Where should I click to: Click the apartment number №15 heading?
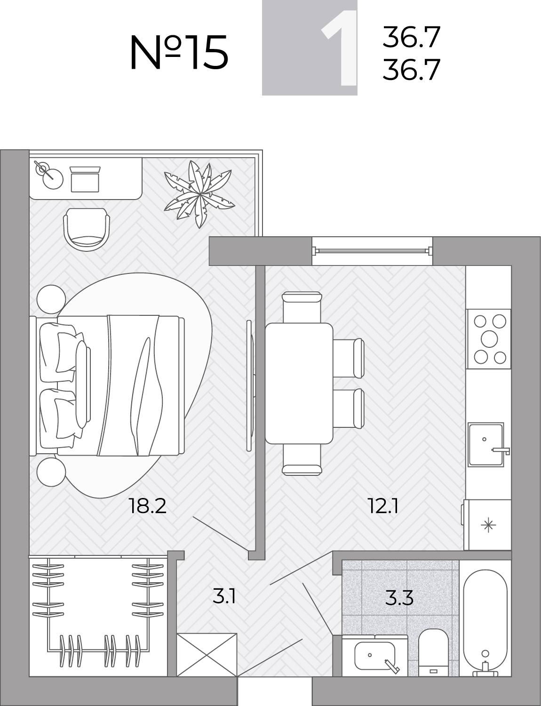[179, 53]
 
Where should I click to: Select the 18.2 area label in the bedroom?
[147, 506]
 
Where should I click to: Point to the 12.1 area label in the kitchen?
[383, 506]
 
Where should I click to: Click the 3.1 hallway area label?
[224, 597]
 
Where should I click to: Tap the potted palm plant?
[199, 194]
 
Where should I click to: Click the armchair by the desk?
[87, 229]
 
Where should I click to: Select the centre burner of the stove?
[489, 339]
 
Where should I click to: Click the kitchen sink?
[486, 444]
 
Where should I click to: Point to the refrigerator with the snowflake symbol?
[487, 525]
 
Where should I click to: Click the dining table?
[299, 384]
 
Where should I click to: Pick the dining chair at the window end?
[302, 307]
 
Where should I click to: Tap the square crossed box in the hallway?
[207, 655]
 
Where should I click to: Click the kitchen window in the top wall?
[372, 250]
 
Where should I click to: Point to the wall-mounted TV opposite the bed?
[250, 385]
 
